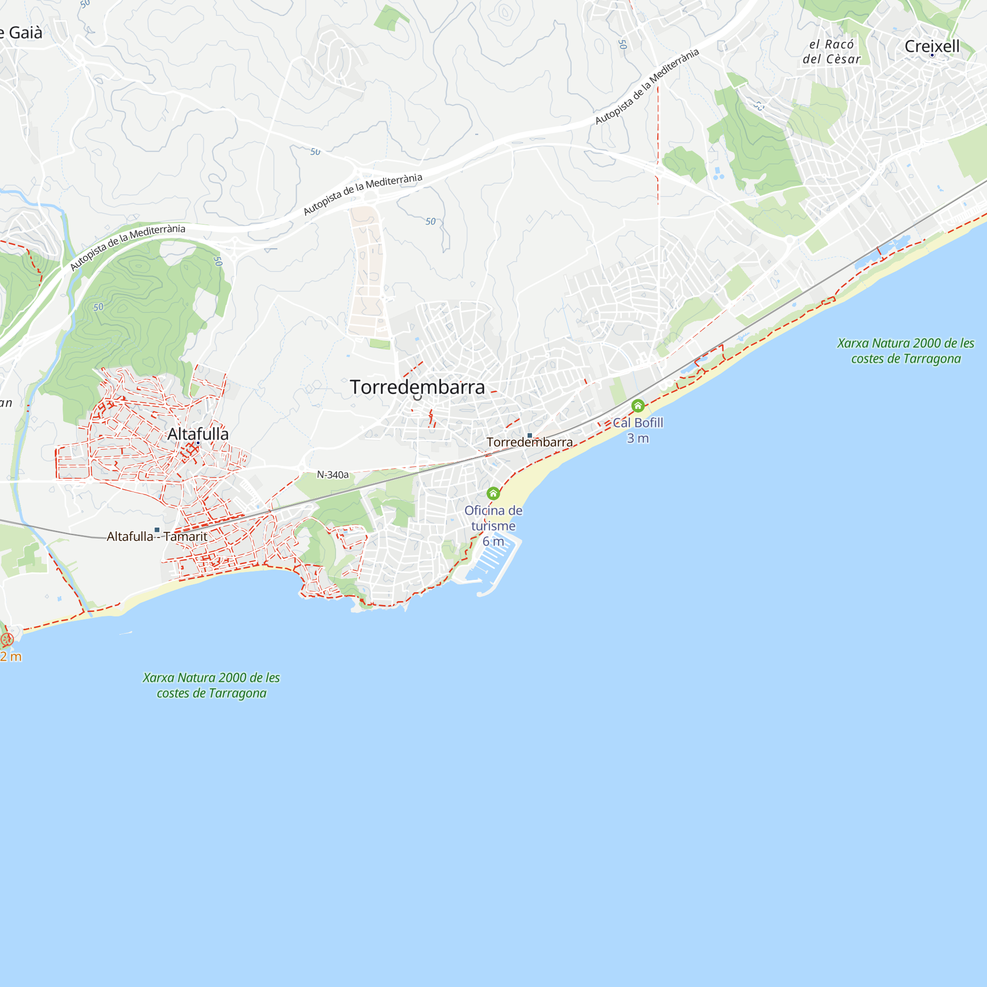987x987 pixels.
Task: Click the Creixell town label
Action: tap(931, 46)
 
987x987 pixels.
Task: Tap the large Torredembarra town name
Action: tap(417, 387)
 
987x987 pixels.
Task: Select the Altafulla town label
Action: tap(198, 434)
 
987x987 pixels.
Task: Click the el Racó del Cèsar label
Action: tap(831, 52)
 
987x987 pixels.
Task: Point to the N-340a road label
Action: tap(333, 475)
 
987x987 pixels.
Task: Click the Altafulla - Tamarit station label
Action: tap(157, 536)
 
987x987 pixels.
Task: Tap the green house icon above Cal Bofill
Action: tap(638, 406)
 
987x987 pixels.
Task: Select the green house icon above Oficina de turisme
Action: tap(493, 493)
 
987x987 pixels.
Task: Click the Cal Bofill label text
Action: tap(638, 423)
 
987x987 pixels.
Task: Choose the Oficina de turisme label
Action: tap(493, 518)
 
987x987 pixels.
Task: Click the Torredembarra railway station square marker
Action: tap(530, 436)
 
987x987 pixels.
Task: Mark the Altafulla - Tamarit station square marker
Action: tap(157, 530)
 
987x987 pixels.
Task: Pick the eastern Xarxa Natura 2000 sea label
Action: tap(905, 351)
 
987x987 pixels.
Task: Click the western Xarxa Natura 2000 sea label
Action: tap(212, 685)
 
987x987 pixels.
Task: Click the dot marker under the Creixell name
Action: tap(932, 55)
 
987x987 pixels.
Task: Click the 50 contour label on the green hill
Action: tap(98, 307)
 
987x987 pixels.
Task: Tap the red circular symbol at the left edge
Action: tap(6, 639)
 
